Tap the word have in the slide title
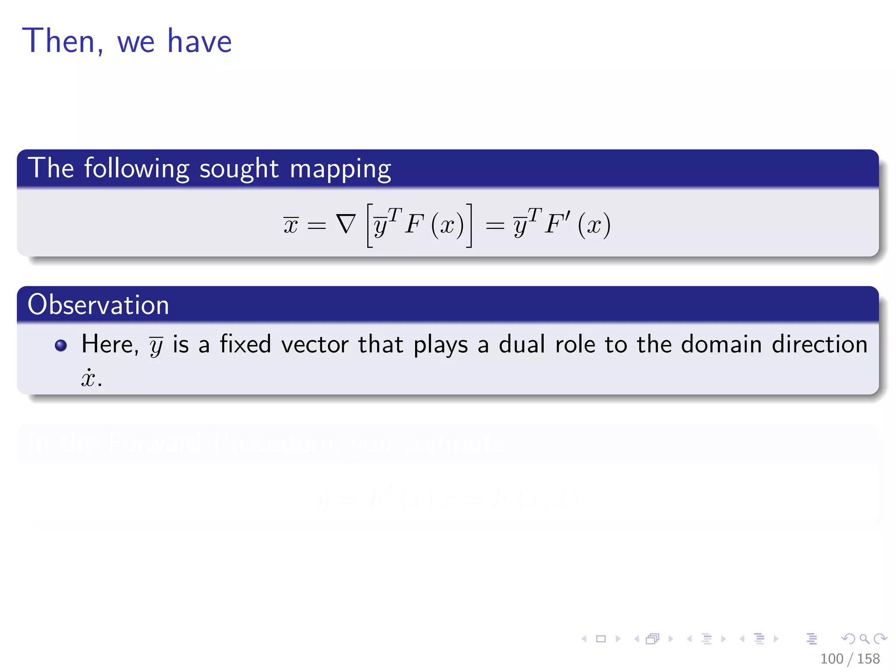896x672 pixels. pos(199,41)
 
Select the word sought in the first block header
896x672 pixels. pos(239,169)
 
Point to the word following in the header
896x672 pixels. pos(136,169)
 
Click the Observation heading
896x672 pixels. pos(98,305)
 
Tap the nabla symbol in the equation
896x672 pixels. pos(346,224)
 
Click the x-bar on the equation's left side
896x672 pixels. pos(291,225)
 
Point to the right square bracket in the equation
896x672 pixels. pos(469,225)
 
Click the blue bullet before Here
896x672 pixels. pos(61,346)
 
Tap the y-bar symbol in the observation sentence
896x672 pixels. pos(156,346)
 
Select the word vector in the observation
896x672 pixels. pos(315,344)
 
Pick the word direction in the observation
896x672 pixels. pos(819,344)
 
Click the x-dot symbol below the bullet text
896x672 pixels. pos(88,378)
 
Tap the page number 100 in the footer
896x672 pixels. pos(831,659)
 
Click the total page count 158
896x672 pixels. pos(868,659)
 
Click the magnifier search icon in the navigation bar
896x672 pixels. pos(864,639)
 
